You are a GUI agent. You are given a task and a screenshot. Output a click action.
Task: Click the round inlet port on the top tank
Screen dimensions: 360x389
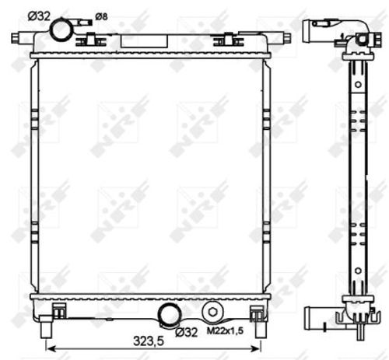click(61, 29)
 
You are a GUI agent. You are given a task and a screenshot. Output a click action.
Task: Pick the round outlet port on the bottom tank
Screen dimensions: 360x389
click(168, 314)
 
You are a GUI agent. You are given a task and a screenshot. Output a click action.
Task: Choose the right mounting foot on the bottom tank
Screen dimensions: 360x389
click(257, 313)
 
